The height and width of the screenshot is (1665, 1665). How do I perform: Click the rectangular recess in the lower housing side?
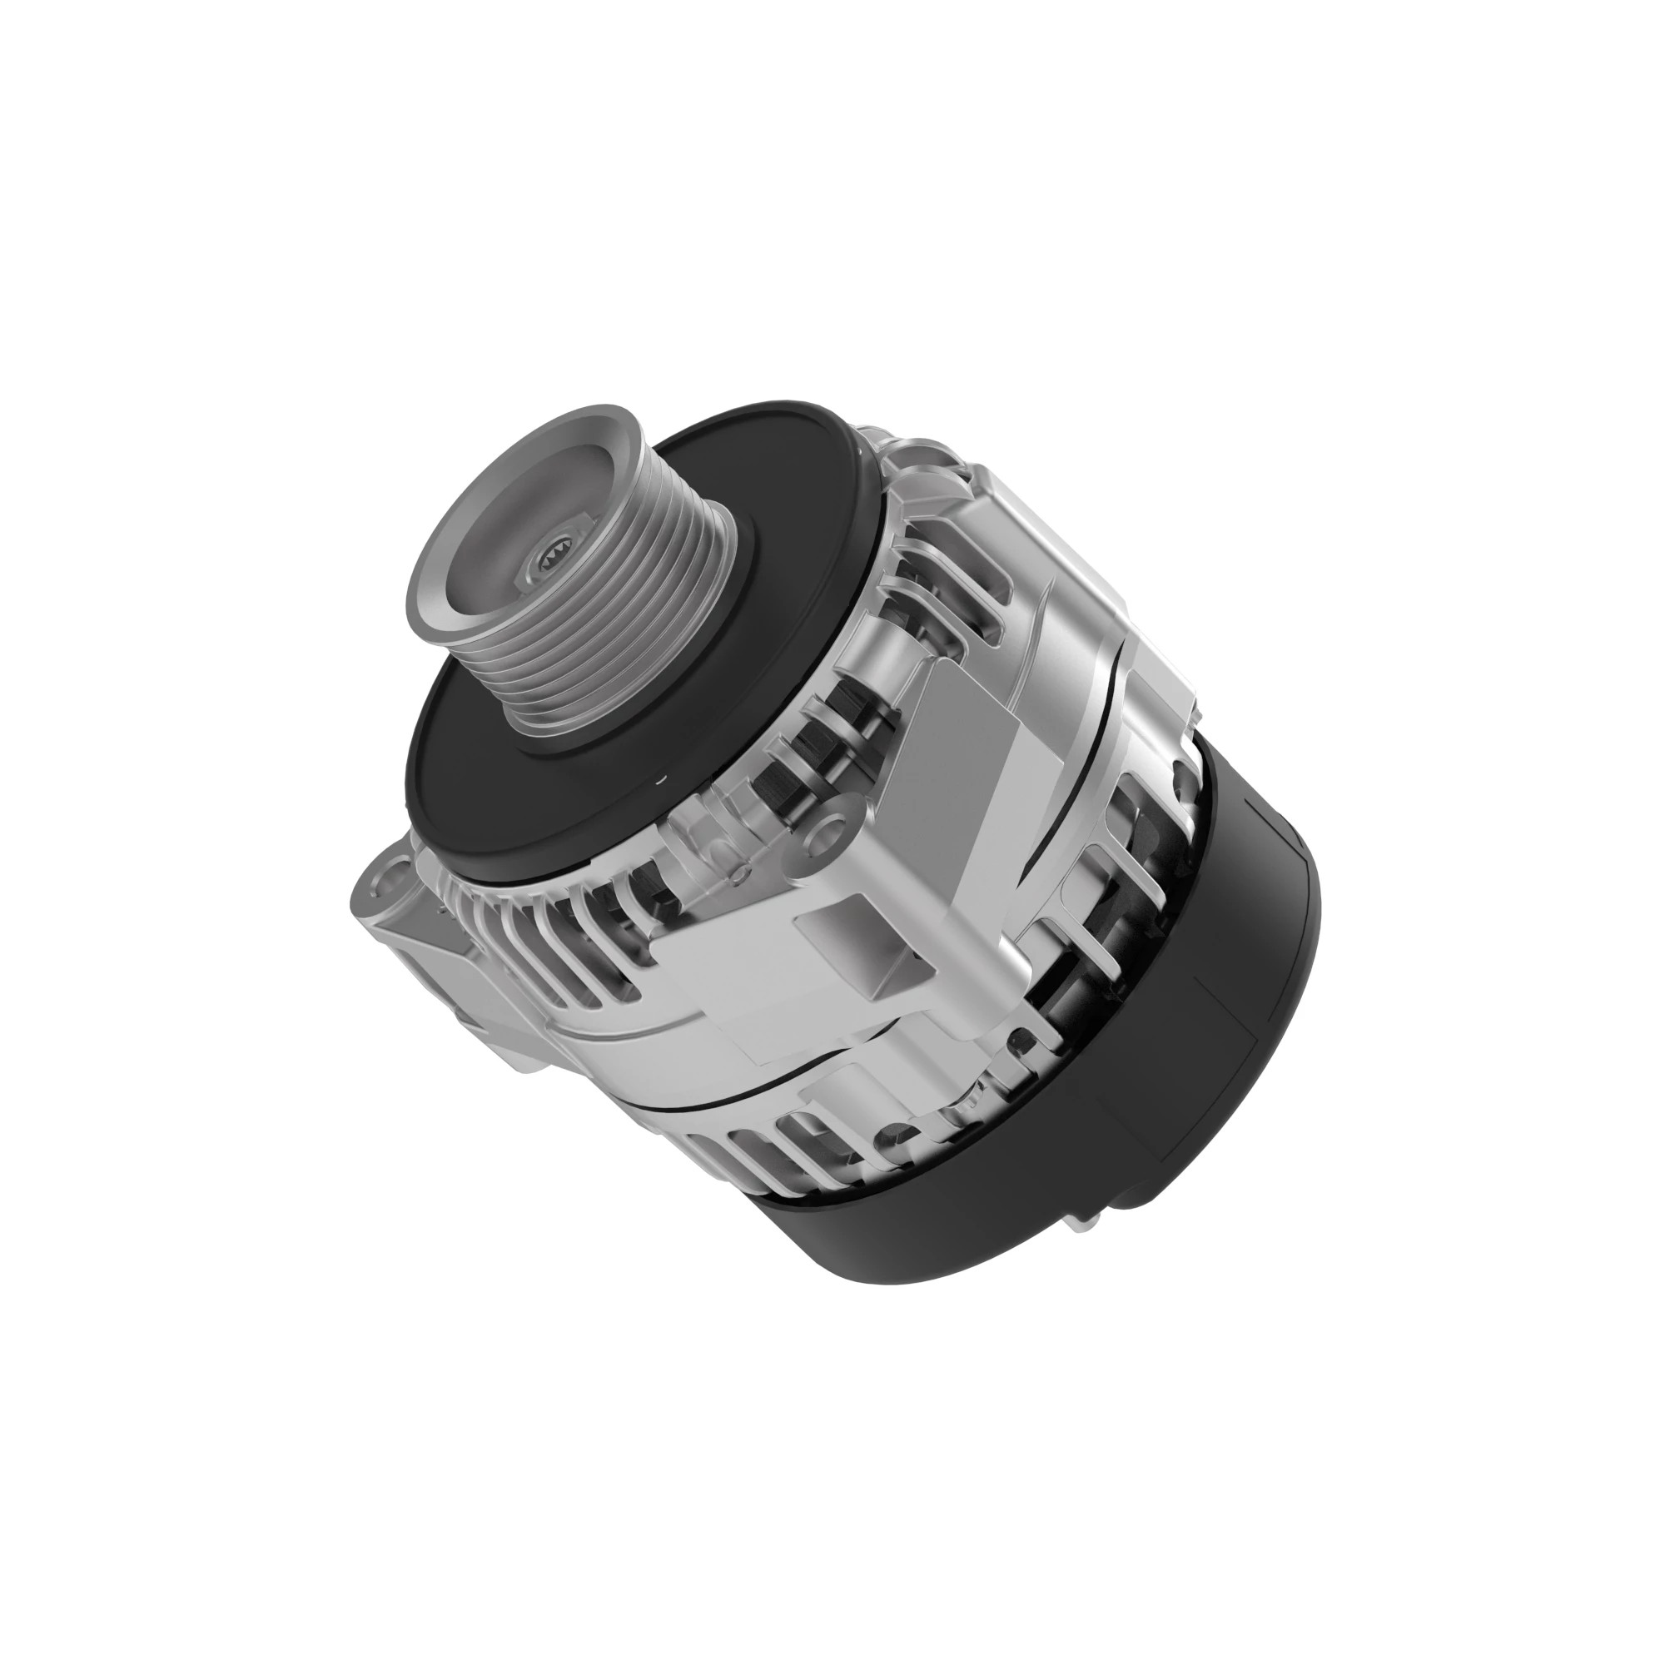click(x=844, y=931)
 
